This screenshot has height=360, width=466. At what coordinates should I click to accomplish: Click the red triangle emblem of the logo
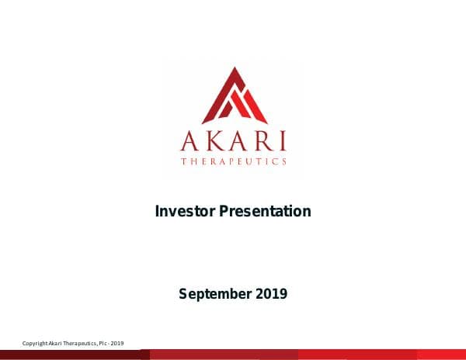coord(234,97)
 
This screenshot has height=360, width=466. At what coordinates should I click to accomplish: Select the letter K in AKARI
coord(212,141)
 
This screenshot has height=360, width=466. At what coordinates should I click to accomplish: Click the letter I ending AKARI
coord(281,141)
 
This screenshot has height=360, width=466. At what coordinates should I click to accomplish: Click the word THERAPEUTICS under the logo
coord(234,161)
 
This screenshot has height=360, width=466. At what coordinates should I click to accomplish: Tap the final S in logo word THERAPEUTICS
coord(283,161)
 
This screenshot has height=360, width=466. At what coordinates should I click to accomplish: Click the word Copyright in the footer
coord(36,344)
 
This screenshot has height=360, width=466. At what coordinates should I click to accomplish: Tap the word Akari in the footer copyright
coord(57,344)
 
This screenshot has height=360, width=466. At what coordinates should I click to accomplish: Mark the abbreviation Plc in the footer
coord(106,344)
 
